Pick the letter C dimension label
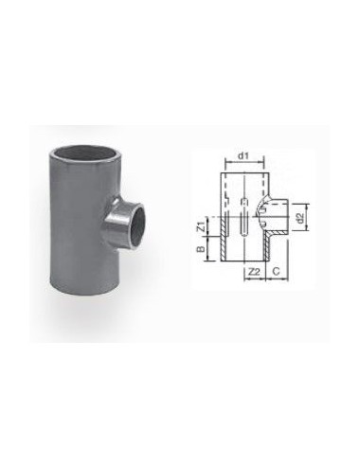(274, 272)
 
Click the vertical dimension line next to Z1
(208, 227)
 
